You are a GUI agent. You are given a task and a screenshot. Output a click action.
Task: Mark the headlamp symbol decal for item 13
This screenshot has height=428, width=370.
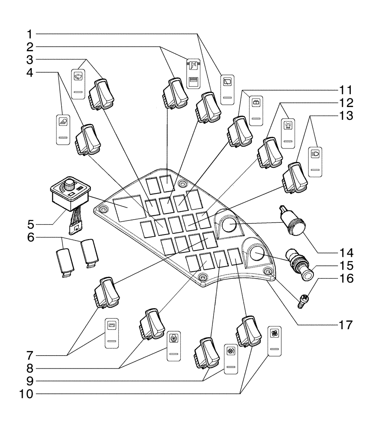click(317, 161)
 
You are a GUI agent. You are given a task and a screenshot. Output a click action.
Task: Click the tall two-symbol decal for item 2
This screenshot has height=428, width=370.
click(194, 73)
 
